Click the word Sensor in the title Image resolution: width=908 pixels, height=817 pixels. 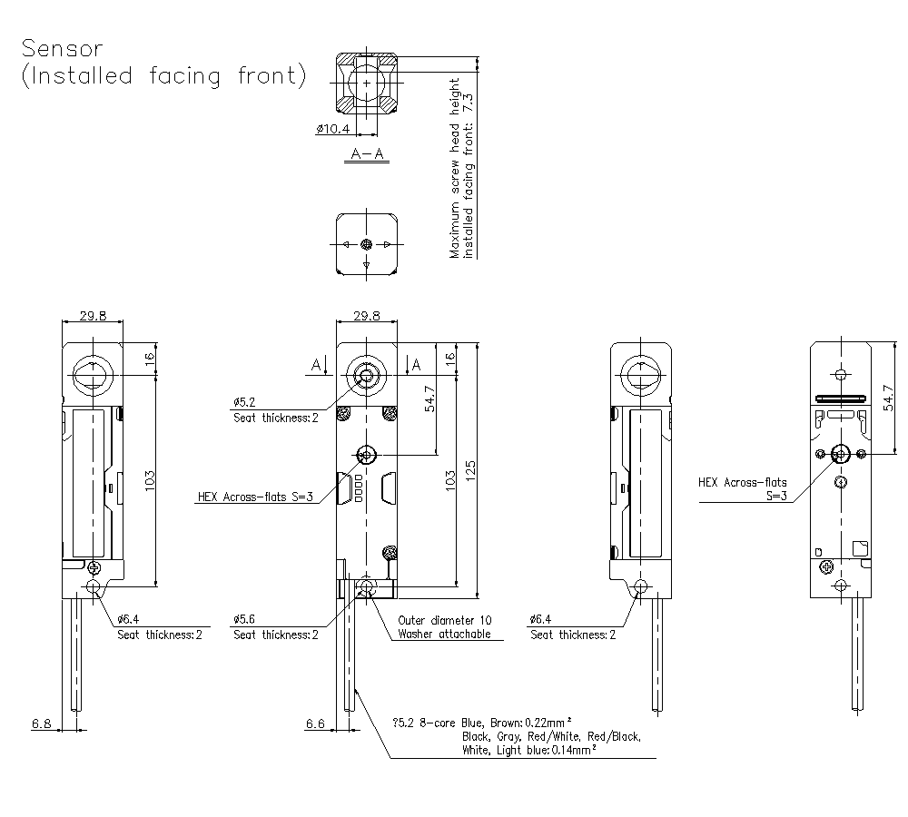63,47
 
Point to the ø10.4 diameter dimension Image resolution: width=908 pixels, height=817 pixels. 332,130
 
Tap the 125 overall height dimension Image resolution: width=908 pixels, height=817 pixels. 469,472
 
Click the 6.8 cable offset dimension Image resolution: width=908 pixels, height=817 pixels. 42,723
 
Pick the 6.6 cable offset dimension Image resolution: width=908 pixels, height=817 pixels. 315,723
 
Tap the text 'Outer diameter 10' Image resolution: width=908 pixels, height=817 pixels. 445,620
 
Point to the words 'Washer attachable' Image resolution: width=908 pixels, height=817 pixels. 445,635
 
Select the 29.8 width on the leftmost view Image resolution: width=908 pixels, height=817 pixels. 92,316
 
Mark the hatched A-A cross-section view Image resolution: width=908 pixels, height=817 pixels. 367,84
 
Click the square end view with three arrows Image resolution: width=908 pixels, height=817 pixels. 366,244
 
